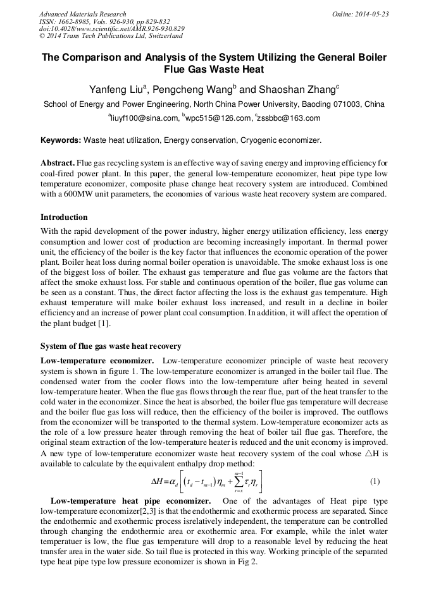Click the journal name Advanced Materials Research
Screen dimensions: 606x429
[82, 14]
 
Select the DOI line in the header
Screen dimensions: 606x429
[111, 28]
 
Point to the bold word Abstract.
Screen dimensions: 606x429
[58, 162]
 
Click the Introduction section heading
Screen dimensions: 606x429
[64, 217]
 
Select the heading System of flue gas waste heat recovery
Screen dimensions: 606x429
[111, 346]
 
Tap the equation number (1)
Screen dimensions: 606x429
[375, 482]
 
